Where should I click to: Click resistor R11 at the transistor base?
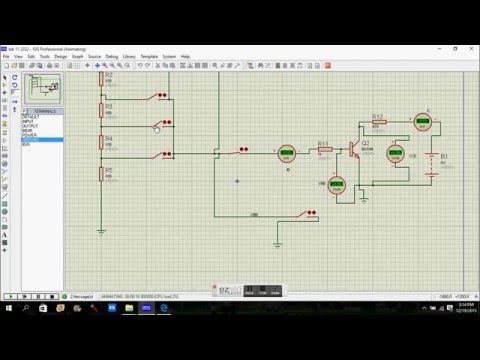pos(323,153)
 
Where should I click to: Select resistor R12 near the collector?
pos(377,123)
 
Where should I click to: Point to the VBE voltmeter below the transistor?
pos(336,186)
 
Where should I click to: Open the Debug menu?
pos(125,57)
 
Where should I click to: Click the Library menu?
pos(149,57)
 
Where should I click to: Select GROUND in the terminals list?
pos(30,140)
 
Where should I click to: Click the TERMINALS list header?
pos(41,111)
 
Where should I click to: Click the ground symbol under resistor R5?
pos(101,228)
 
